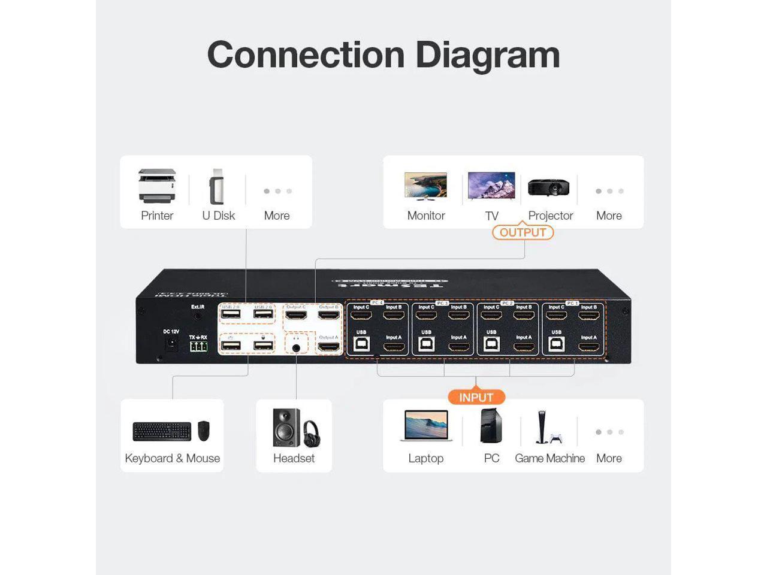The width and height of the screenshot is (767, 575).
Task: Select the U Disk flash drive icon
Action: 217,187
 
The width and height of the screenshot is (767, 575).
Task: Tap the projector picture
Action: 548,187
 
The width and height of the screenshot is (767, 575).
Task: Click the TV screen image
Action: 491,185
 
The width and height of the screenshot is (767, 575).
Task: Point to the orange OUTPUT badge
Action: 523,232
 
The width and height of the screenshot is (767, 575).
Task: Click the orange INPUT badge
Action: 476,397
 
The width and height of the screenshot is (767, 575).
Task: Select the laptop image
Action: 426,426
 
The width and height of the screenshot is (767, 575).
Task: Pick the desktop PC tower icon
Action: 491,426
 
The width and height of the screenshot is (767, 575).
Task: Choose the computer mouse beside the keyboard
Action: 204,430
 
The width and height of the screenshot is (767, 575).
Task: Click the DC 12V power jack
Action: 171,343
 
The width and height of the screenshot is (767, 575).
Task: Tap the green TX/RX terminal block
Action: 198,347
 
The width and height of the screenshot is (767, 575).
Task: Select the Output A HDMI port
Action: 328,347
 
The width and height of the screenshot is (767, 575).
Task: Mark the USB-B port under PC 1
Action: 557,344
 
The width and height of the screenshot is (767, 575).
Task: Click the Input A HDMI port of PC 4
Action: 394,347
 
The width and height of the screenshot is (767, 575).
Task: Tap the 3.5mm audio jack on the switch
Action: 296,347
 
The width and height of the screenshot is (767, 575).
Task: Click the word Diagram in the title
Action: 487,55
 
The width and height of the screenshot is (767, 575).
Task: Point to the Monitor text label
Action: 426,216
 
